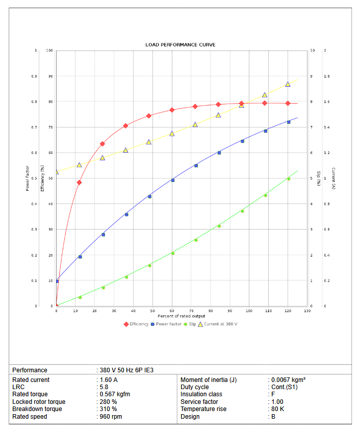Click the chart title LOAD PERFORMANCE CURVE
pos(180,45)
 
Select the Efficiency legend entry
pos(136,324)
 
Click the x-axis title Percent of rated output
pos(182,316)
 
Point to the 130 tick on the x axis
pos(306,311)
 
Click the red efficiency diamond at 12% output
pos(79,182)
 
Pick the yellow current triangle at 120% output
pos(288,84)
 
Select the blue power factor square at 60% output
pos(172,180)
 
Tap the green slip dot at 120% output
pos(288,179)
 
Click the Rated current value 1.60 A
pos(109,379)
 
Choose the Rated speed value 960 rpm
pos(111,416)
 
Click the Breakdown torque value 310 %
pos(108,409)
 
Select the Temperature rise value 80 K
pos(278,409)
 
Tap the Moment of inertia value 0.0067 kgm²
pos(289,379)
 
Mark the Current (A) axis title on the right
pos(333,179)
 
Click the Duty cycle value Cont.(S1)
pos(285,387)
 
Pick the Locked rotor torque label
pos(39,402)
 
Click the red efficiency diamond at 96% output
pos(242,104)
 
